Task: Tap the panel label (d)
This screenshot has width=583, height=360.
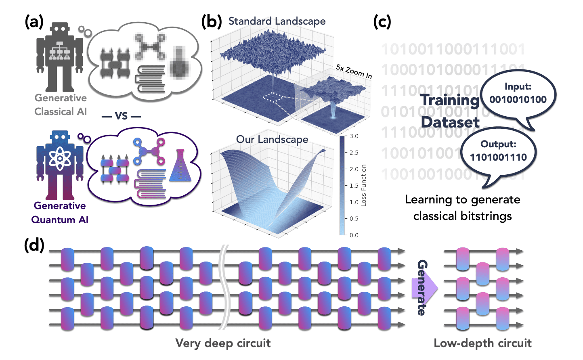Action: pos(34,245)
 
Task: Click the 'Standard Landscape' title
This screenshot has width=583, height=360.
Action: pos(277,21)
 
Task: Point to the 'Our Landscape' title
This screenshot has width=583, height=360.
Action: pos(272,139)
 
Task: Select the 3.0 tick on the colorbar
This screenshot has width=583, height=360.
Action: pos(354,136)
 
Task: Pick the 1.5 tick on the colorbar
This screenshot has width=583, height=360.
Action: pos(354,186)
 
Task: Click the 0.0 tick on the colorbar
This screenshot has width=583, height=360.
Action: pos(354,235)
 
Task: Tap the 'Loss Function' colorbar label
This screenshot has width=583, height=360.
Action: pos(364,185)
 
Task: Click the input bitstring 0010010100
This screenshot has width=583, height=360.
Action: pos(518,100)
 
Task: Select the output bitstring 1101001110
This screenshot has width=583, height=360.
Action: pos(498,157)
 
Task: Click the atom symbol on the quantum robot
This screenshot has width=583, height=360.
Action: pos(60,158)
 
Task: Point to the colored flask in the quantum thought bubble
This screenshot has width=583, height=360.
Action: pos(180,166)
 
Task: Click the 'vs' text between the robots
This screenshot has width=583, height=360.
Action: pos(121,116)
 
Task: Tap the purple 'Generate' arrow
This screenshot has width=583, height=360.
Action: pos(424,287)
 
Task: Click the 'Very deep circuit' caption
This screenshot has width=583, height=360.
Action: pos(223,343)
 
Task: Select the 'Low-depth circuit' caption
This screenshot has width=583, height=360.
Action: pos(482,343)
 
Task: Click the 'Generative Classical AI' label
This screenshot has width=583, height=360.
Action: pos(61,105)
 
